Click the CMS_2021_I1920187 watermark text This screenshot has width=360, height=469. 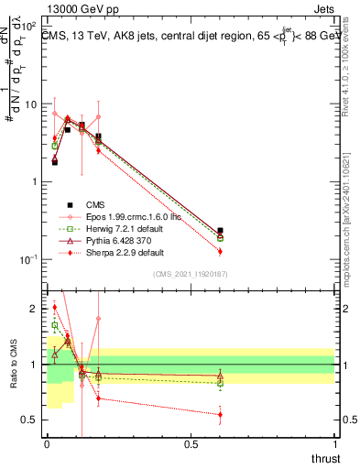pos(190,274)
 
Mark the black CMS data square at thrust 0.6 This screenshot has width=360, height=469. pos(220,232)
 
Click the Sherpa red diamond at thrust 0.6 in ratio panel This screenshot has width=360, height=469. pos(220,415)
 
